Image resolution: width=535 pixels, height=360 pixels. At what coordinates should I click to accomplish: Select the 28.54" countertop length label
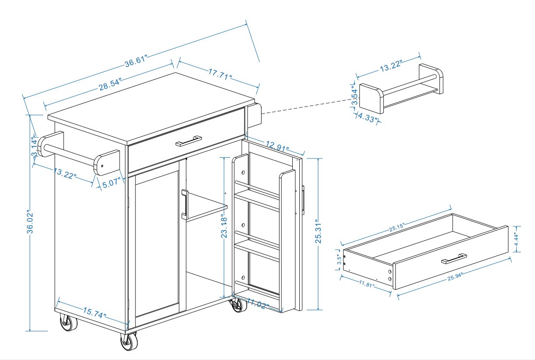[110, 85]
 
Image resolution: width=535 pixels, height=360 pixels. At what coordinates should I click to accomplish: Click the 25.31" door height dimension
[319, 233]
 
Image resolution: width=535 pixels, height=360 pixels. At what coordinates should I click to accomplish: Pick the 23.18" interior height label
[225, 226]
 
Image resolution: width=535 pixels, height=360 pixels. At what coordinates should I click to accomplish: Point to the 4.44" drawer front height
[517, 238]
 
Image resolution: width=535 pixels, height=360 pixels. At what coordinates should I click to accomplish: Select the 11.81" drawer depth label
[366, 284]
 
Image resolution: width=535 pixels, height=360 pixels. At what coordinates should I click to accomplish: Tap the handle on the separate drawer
[454, 259]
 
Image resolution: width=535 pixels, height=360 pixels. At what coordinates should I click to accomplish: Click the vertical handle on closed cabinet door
[184, 205]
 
